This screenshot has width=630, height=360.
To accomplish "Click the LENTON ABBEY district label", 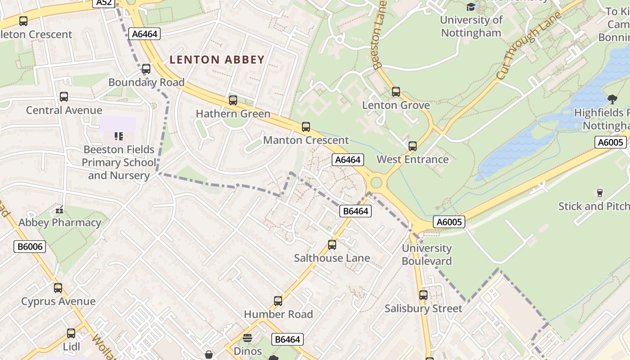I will click(x=217, y=59).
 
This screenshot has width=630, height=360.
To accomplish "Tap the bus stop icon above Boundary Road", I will click(x=146, y=69).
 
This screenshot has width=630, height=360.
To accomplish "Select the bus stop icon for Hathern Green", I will click(x=233, y=100).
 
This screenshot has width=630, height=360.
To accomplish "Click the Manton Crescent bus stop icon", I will click(x=306, y=127).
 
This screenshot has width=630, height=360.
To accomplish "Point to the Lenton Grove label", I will click(x=396, y=105).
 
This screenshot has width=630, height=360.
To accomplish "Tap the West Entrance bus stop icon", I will click(x=412, y=146).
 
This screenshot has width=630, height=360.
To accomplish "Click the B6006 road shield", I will click(x=30, y=246).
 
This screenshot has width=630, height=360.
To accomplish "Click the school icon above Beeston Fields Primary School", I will click(x=119, y=136).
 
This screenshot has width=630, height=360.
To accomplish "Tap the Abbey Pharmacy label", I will click(x=60, y=222).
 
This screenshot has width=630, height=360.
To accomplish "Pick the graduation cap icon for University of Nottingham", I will click(x=471, y=7).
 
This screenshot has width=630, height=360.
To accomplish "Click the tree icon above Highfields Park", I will click(x=612, y=99).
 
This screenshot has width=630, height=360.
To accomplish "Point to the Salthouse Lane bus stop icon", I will click(x=332, y=245).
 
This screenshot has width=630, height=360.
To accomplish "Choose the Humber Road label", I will click(x=278, y=314).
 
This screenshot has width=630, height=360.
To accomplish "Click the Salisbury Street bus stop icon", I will click(x=423, y=295).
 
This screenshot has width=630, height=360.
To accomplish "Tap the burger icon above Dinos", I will click(x=247, y=338).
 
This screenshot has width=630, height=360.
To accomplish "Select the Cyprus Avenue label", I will click(x=58, y=301).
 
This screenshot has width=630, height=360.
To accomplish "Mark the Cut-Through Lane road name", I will click(x=530, y=46).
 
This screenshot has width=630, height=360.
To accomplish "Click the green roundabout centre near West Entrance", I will click(x=376, y=183).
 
